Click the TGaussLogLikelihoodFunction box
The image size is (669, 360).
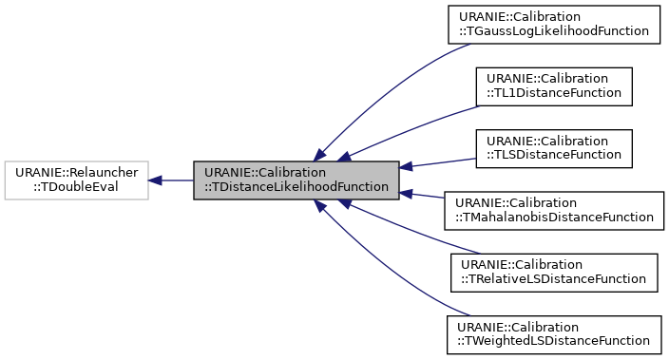554,23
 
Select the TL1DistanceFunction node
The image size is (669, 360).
554,85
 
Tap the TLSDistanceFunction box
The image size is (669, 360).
554,146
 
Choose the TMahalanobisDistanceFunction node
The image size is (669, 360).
554,209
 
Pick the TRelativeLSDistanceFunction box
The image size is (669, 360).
554,271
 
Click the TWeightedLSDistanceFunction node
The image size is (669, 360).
554,332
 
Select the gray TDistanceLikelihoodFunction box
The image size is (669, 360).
296,180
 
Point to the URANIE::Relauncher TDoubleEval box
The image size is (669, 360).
76,180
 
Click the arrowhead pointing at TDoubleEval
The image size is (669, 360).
156,180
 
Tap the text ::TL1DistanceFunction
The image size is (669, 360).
554,92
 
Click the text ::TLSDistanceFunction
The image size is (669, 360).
554,154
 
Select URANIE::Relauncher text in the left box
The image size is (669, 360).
76,172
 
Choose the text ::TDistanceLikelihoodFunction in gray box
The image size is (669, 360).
296,187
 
